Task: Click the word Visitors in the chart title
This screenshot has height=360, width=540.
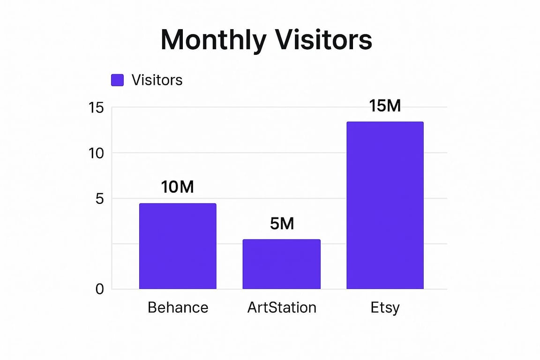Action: [324, 40]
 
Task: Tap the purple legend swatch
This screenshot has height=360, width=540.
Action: [118, 80]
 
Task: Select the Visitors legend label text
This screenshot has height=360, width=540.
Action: [157, 80]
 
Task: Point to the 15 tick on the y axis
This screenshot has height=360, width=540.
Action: [96, 108]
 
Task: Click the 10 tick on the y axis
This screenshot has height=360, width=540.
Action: [96, 153]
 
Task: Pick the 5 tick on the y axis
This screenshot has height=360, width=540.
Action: [99, 199]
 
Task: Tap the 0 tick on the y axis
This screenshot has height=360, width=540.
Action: [99, 289]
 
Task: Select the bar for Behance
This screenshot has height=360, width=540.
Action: [178, 246]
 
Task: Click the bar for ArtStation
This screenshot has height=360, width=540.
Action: [282, 264]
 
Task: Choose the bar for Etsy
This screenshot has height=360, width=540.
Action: [385, 205]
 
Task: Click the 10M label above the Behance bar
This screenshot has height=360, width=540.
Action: [178, 187]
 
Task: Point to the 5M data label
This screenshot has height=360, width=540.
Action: [282, 224]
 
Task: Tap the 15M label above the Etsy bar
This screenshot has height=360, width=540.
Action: [385, 106]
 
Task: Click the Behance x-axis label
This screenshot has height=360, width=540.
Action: [178, 307]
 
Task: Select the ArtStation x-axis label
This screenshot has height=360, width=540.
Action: [282, 307]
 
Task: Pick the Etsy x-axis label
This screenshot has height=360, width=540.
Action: [385, 308]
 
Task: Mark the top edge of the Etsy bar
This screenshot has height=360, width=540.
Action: [385, 122]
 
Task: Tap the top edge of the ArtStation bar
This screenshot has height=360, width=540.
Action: [282, 240]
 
